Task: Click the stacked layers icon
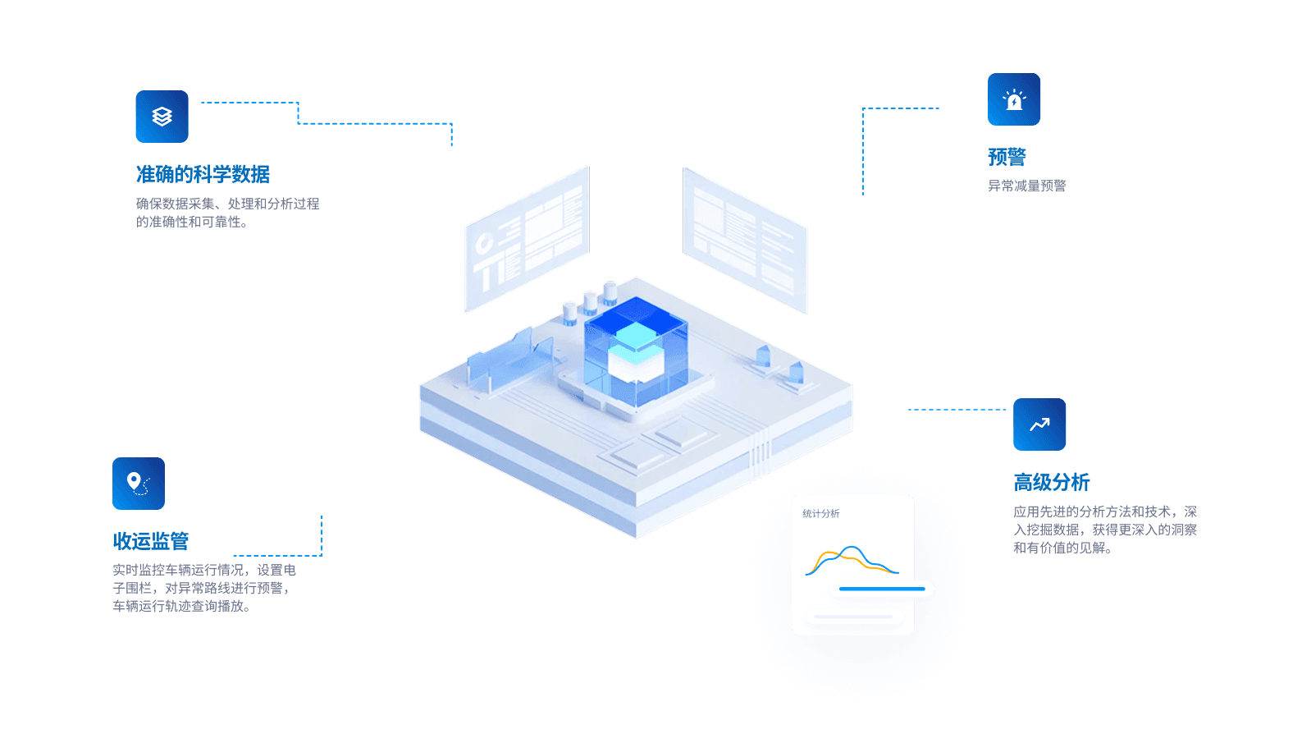tap(162, 117)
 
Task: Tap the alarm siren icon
tap(1014, 99)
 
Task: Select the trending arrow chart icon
tap(1039, 424)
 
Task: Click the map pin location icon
tap(138, 483)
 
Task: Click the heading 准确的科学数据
tap(203, 174)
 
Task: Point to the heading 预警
tap(1007, 157)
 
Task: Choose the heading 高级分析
tap(1051, 482)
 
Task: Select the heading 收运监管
tap(151, 541)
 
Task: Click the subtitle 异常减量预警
tap(1026, 186)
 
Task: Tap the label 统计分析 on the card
tap(820, 514)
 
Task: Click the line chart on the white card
tap(852, 561)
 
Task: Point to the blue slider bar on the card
tap(884, 589)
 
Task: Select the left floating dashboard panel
tap(527, 240)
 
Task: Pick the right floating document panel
tap(745, 240)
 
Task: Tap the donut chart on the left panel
tap(484, 242)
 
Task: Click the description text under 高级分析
tap(1104, 530)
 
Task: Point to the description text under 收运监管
tap(204, 588)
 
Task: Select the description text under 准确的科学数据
tap(227, 213)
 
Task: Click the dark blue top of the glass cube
tap(636, 312)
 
